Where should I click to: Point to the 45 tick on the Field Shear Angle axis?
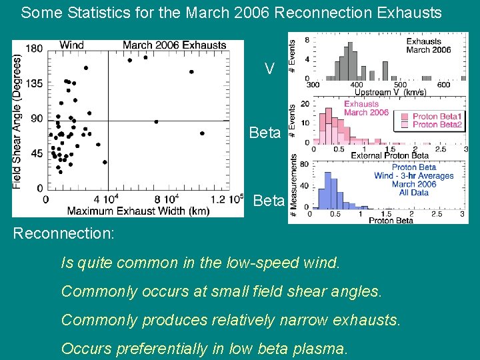click(36, 153)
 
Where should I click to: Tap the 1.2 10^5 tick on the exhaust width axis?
click(226, 199)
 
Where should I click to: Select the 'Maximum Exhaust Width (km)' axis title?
click(138, 211)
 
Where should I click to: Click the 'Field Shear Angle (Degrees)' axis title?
click(18, 119)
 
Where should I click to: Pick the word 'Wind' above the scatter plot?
click(71, 45)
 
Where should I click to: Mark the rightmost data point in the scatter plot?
click(202, 133)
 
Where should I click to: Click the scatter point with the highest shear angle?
click(145, 58)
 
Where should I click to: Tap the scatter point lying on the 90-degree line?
click(156, 121)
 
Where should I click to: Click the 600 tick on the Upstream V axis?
click(443, 85)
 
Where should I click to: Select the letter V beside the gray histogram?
click(269, 69)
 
